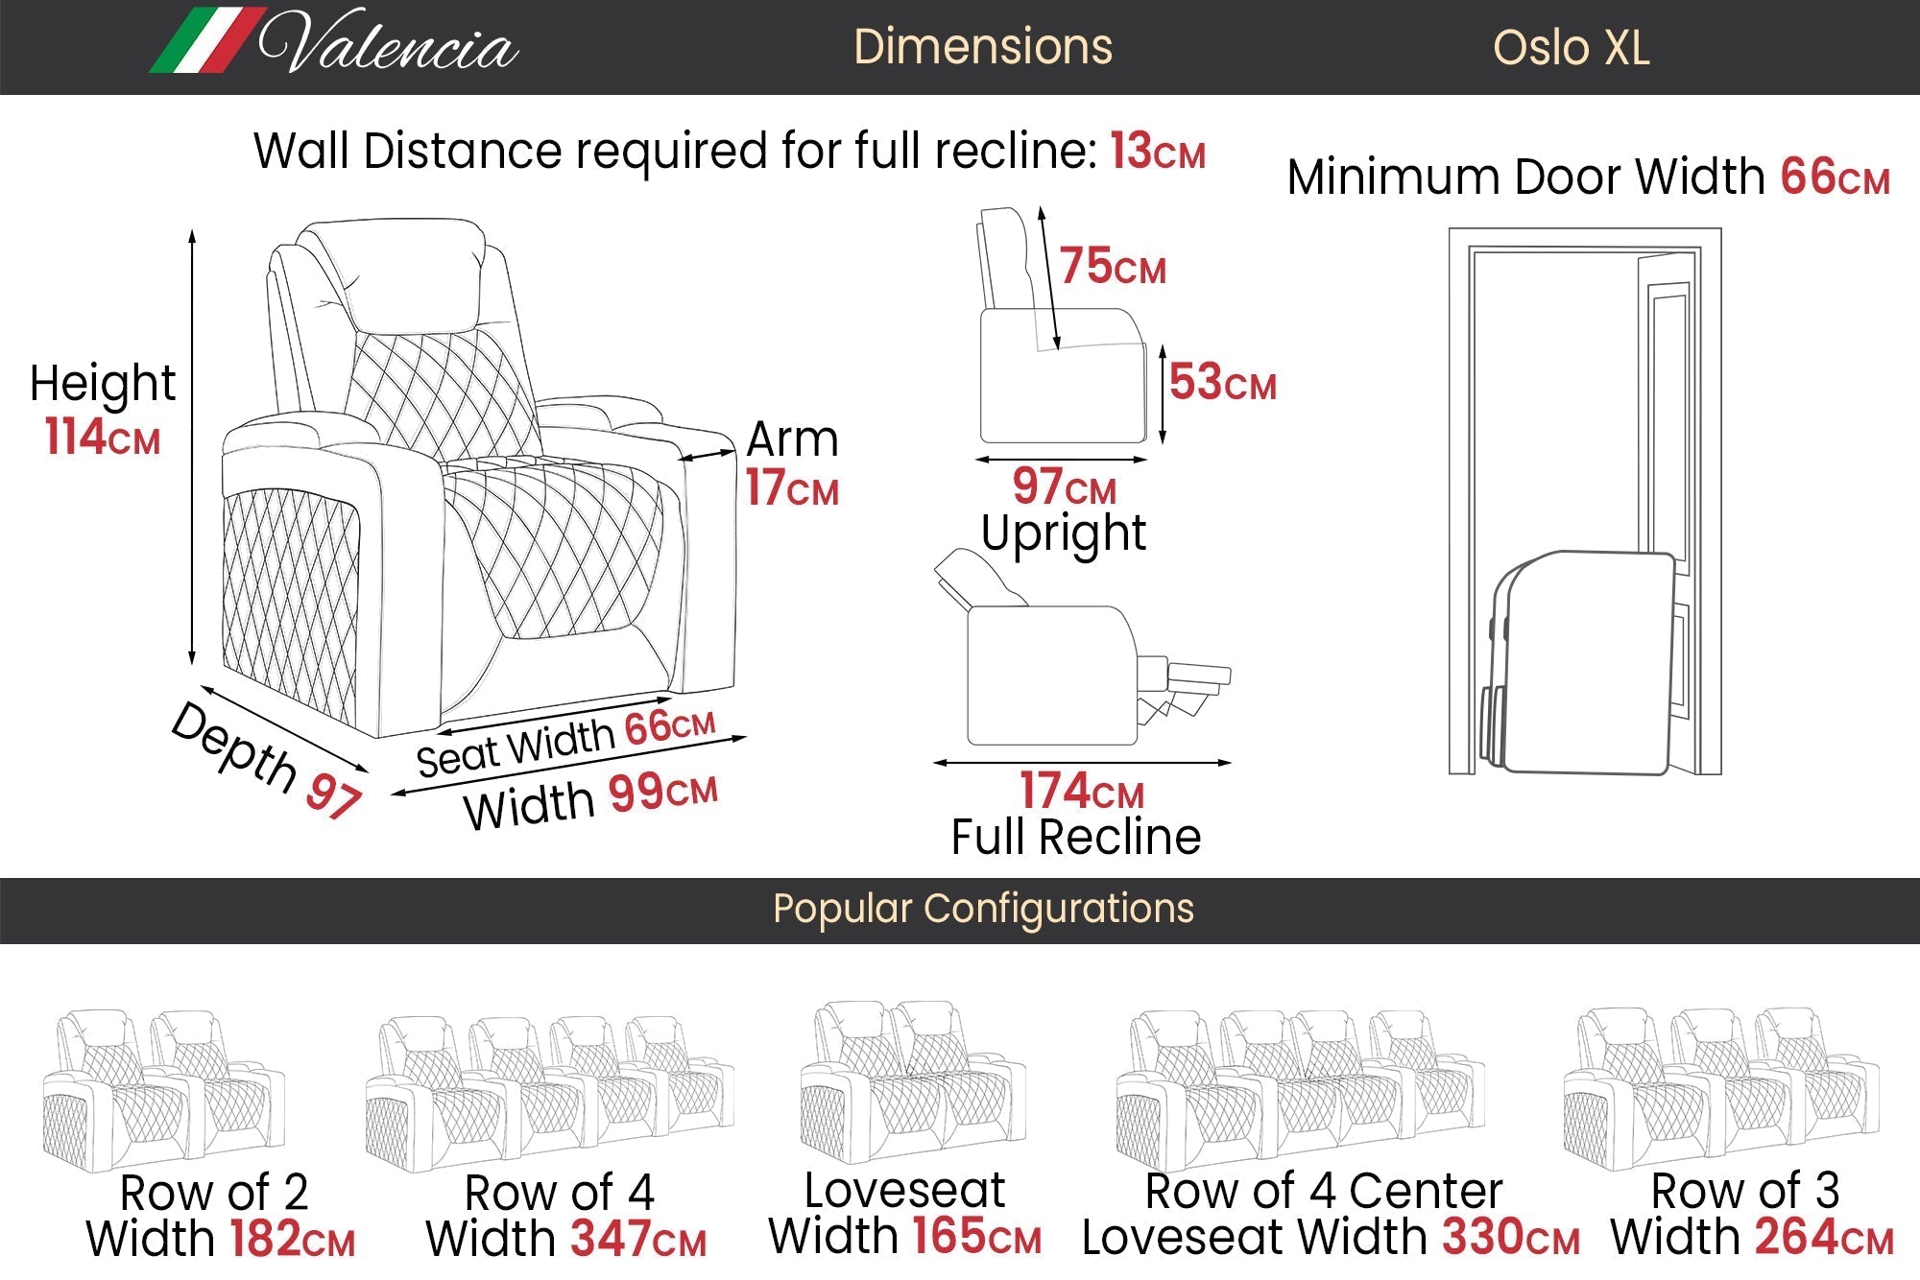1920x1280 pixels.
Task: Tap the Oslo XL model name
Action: point(1571,48)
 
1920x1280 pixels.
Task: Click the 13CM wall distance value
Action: point(1158,152)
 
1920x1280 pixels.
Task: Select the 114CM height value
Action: point(103,437)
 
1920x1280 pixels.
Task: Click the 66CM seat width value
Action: point(670,726)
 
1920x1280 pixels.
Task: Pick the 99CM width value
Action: point(662,793)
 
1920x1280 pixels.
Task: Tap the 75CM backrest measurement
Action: point(1113,266)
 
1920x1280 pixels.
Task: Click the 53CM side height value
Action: point(1223,382)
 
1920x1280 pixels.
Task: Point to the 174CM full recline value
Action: point(1082,792)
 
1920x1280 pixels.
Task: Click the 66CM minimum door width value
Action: point(1835,177)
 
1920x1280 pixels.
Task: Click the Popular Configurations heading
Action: point(983,909)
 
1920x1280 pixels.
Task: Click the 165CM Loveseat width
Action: point(977,1236)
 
